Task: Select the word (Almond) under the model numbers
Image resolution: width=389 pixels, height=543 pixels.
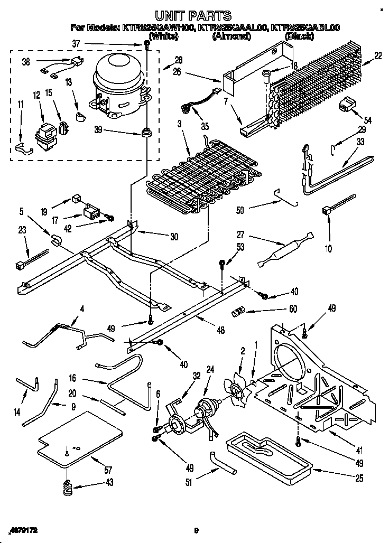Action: coord(229,36)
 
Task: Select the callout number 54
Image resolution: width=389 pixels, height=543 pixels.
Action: coord(368,121)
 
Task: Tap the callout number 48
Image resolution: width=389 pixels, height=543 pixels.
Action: coord(220,331)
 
